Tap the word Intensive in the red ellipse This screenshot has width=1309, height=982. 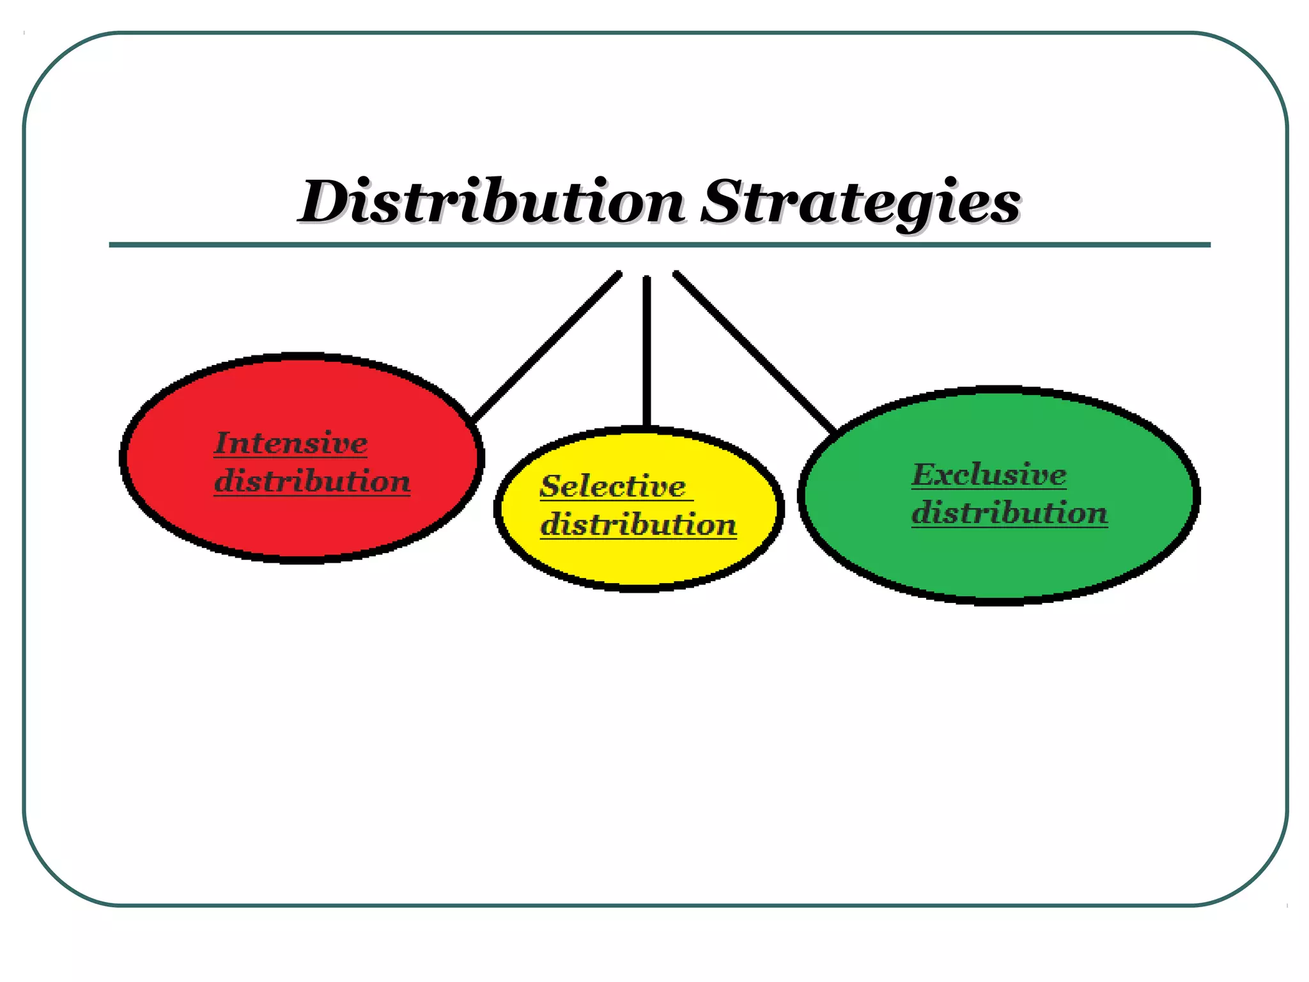point(291,443)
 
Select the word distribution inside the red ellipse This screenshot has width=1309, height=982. point(312,481)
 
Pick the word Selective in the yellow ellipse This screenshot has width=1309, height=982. point(613,487)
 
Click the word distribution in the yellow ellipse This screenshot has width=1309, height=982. point(639,524)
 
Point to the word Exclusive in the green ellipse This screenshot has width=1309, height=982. point(989,474)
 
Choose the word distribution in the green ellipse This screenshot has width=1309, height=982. point(1009,513)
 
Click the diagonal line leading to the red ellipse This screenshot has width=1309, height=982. point(546,346)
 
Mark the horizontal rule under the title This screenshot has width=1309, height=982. point(660,245)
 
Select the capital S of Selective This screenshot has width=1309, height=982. point(550,487)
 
